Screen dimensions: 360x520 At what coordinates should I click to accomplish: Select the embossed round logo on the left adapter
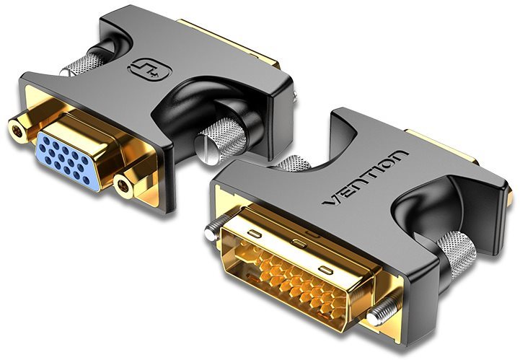tap(148, 69)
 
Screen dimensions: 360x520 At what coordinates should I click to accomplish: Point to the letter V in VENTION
tap(332, 209)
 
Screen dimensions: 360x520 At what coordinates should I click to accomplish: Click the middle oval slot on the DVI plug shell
tap(296, 242)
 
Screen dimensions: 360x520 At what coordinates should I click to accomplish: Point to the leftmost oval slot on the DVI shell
tap(254, 232)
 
